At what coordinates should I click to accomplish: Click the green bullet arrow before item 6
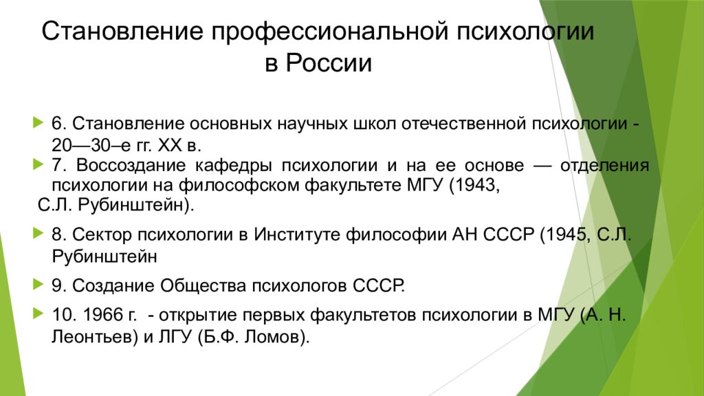pos(38,122)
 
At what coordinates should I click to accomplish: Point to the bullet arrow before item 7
pos(38,164)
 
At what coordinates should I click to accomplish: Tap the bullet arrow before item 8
pos(38,233)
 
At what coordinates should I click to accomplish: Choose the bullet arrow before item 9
pos(38,284)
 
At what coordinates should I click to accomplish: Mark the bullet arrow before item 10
pos(38,313)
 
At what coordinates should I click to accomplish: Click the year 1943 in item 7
pos(476,185)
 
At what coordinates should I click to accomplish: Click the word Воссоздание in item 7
pos(131,165)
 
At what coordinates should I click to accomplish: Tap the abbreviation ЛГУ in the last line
pos(175,337)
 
